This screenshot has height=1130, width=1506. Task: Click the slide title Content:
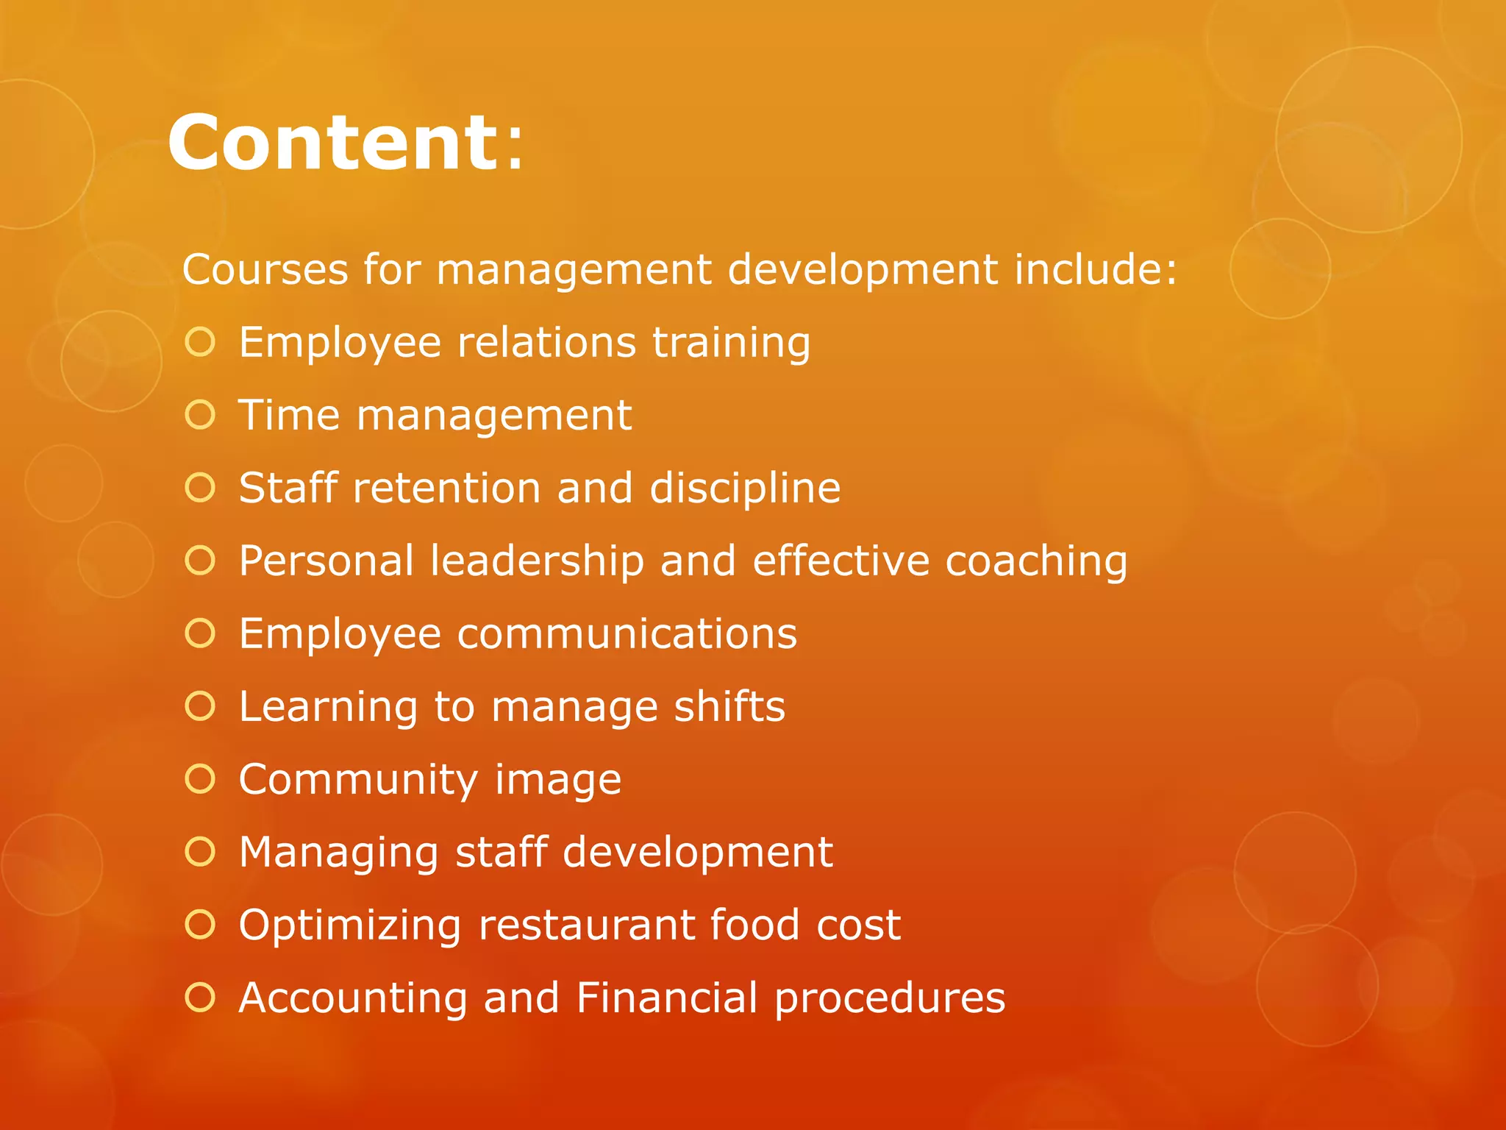346,143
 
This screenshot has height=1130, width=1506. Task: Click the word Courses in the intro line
265,269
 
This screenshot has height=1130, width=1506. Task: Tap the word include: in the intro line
1096,269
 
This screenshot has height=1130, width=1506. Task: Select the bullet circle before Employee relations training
200,342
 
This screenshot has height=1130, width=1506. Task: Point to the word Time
289,415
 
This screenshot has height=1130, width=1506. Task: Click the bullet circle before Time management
200,415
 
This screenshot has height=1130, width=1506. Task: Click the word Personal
326,561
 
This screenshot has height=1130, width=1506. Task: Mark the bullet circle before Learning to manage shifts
200,706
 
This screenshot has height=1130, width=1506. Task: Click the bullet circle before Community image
200,779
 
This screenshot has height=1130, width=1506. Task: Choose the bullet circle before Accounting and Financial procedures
200,998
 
